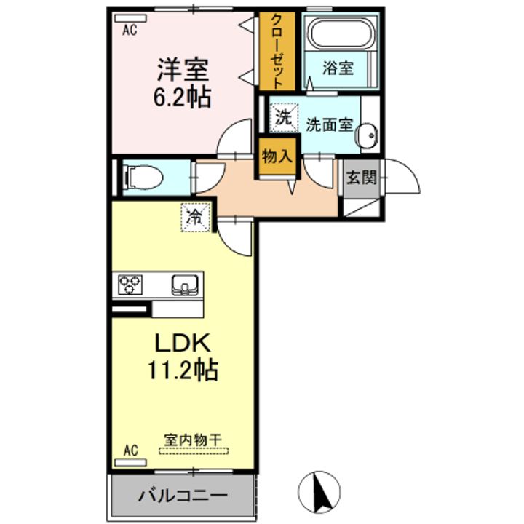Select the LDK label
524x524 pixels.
pos(183,343)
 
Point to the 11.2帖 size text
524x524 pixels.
pos(183,371)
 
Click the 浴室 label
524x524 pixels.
pos(338,69)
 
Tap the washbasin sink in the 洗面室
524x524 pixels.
pos(365,135)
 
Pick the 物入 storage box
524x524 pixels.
pos(277,156)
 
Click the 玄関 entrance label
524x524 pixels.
pos(361,177)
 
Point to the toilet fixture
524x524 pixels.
pos(142,177)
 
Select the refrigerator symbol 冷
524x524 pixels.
pos(195,216)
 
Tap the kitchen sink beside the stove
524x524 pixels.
pos(185,285)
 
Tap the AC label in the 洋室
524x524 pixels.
pos(130,30)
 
